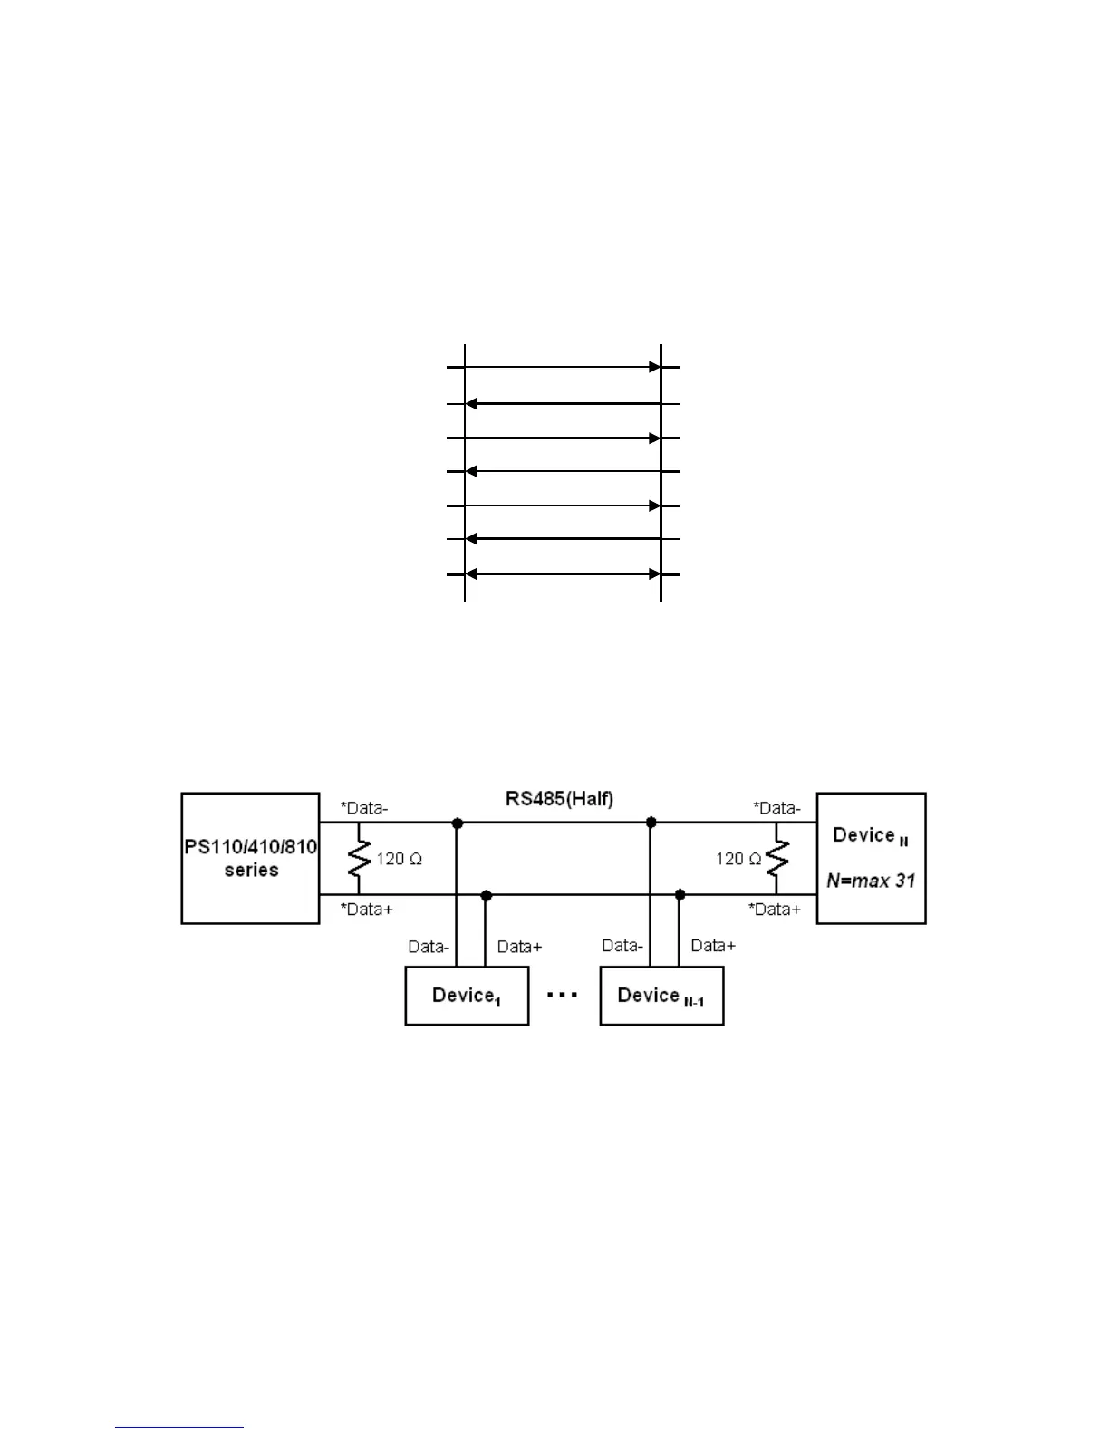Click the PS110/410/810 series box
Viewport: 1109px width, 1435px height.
pos(250,858)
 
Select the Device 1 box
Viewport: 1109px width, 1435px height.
pos(467,996)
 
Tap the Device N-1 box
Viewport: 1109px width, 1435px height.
pos(661,996)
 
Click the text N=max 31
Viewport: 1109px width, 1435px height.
pos(871,880)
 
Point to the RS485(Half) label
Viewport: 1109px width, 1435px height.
pos(559,799)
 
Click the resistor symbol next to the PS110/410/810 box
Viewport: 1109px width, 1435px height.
pos(360,859)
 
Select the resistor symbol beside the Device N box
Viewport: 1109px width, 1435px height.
pos(776,859)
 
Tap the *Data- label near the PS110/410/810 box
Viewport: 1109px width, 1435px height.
pos(364,807)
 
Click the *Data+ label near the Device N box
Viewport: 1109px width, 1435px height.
pos(775,909)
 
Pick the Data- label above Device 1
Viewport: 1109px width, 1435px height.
pos(429,947)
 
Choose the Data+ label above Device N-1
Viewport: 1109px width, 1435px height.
pos(713,946)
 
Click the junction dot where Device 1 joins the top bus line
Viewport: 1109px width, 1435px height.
pos(457,823)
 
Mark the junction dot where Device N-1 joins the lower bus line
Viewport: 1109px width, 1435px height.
pos(680,894)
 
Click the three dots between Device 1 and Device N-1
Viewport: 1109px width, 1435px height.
pos(563,995)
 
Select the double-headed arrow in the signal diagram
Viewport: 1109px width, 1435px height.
pos(563,574)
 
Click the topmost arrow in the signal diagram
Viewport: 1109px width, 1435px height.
pos(563,367)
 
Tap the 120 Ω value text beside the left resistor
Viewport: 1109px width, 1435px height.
pos(399,859)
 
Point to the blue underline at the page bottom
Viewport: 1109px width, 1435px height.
pos(179,1427)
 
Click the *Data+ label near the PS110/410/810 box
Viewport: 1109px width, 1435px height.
pos(367,909)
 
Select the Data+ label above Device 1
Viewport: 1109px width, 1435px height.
pos(520,947)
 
